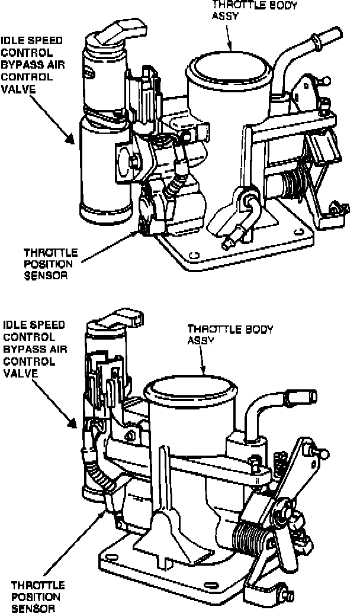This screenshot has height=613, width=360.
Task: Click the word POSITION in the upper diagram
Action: click(47, 263)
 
